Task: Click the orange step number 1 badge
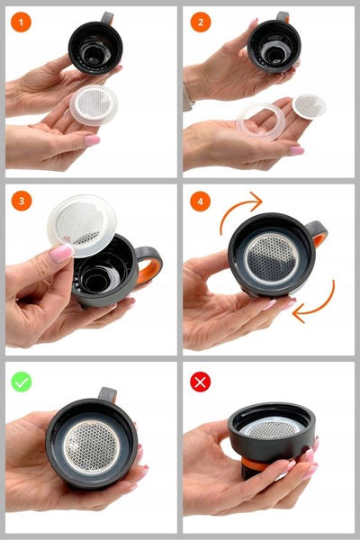pyautogui.click(x=21, y=21)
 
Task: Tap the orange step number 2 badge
pyautogui.click(x=201, y=21)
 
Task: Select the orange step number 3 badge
pyautogui.click(x=21, y=200)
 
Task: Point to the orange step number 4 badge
pyautogui.click(x=201, y=200)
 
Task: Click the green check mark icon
pyautogui.click(x=21, y=381)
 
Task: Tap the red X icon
pyautogui.click(x=201, y=381)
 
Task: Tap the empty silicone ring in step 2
pyautogui.click(x=261, y=118)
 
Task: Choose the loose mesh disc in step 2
pyautogui.click(x=309, y=106)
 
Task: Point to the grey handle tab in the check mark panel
pyautogui.click(x=107, y=395)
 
